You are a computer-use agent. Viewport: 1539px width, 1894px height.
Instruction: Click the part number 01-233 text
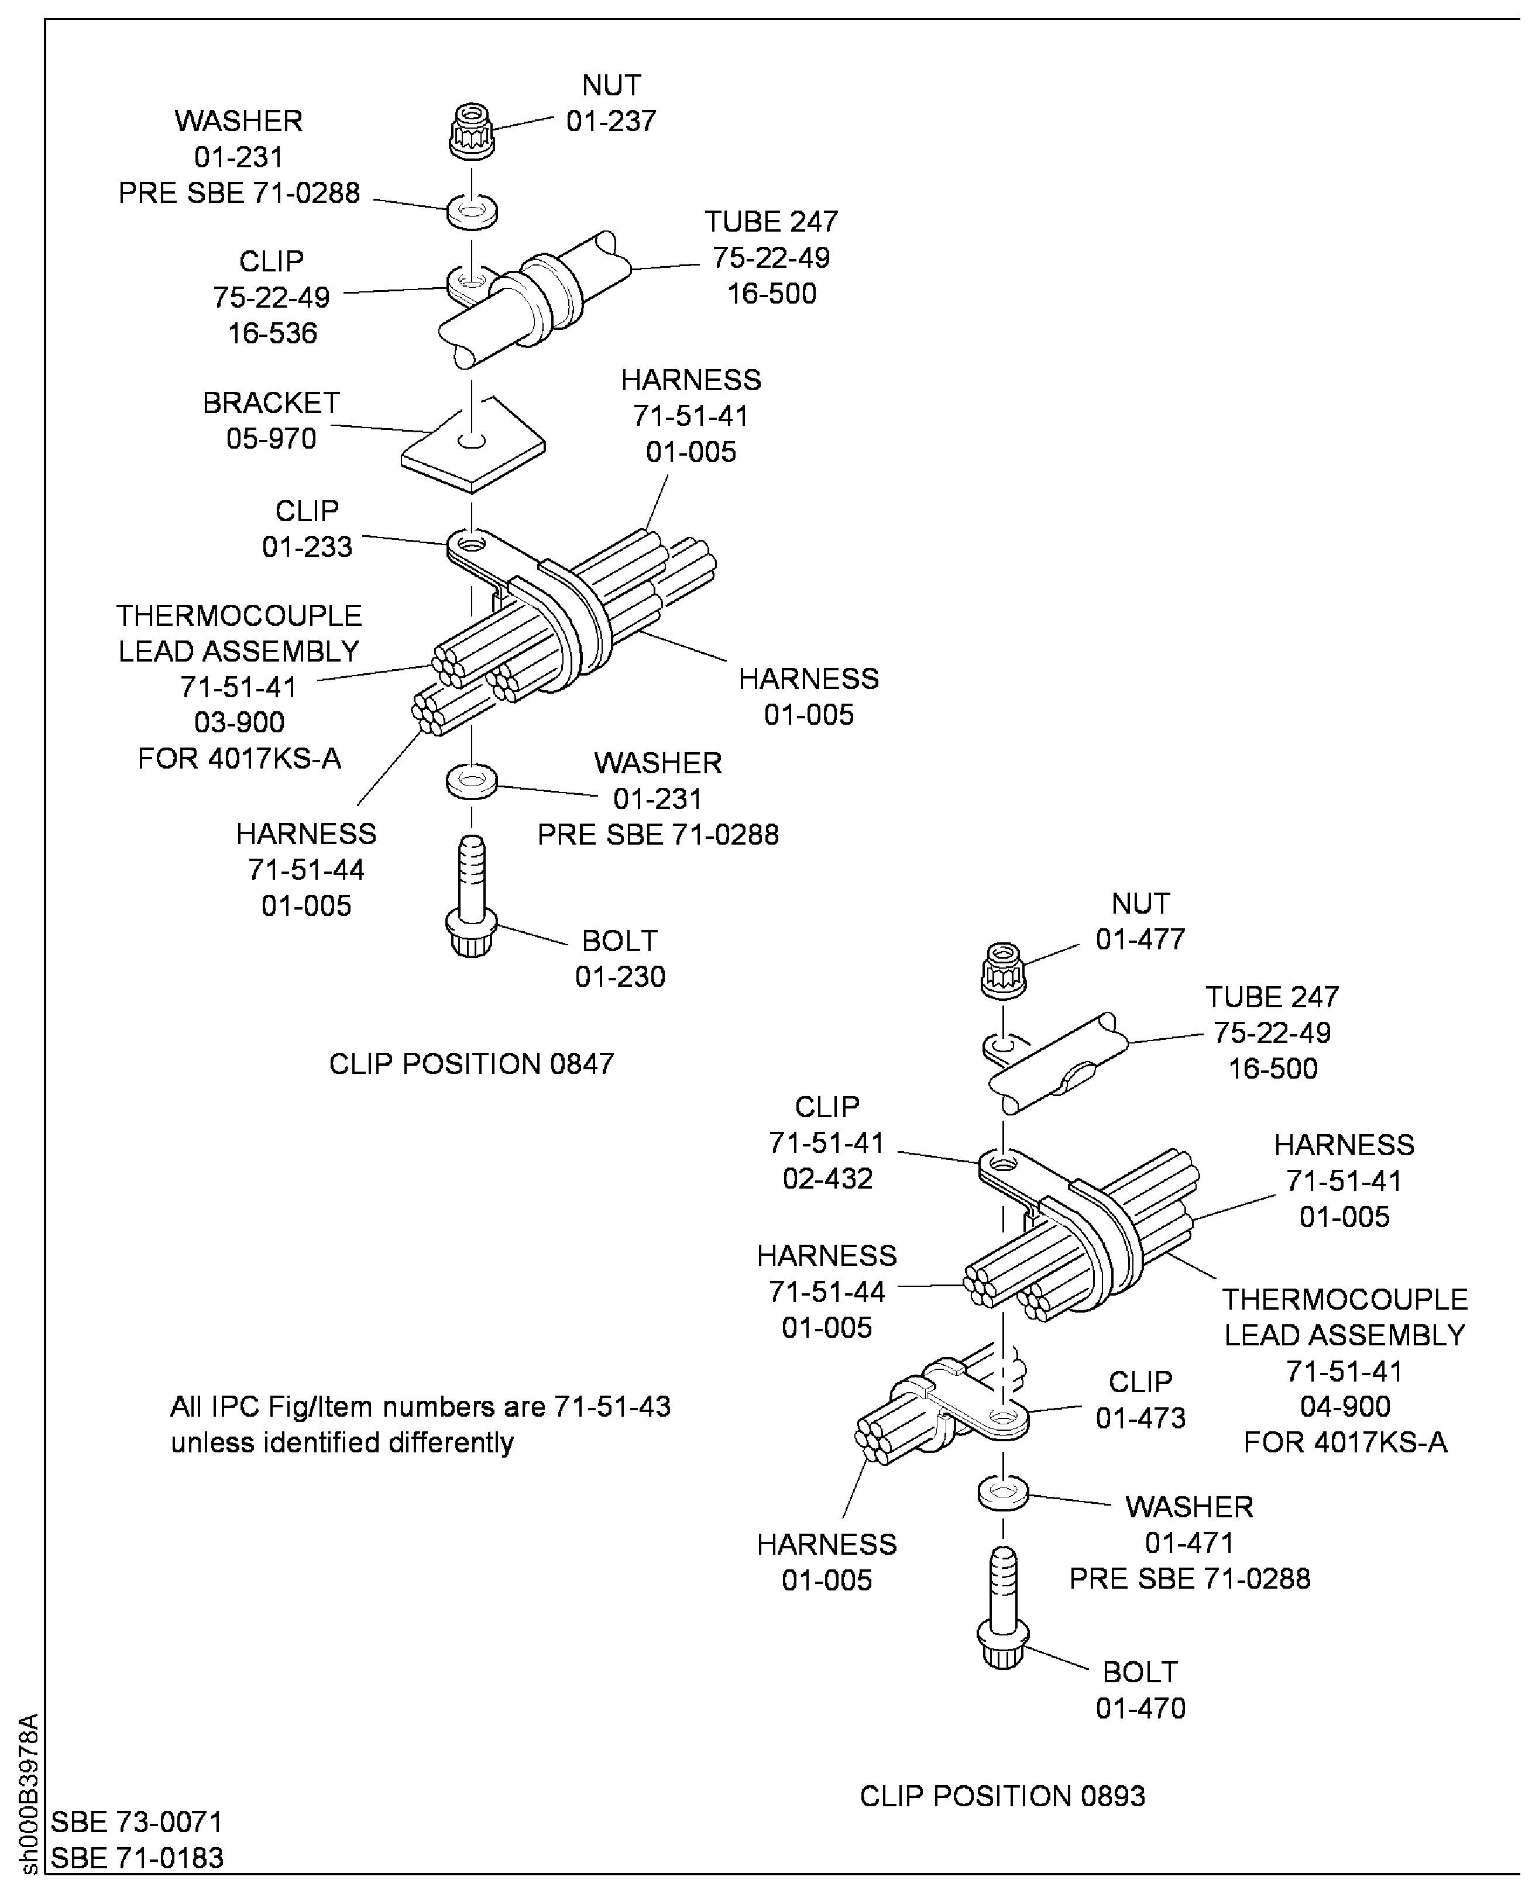coord(307,547)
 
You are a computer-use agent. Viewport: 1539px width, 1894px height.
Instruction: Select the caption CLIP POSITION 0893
coord(1002,1796)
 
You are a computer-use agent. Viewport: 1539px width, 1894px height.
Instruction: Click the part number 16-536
coord(272,333)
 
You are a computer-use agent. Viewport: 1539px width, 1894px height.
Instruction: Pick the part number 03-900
coord(239,722)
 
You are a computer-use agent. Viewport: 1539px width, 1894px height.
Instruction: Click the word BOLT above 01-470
coord(1139,1672)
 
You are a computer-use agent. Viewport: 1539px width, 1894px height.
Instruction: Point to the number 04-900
coord(1345,1407)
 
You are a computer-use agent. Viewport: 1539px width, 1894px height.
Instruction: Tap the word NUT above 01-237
coord(611,85)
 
